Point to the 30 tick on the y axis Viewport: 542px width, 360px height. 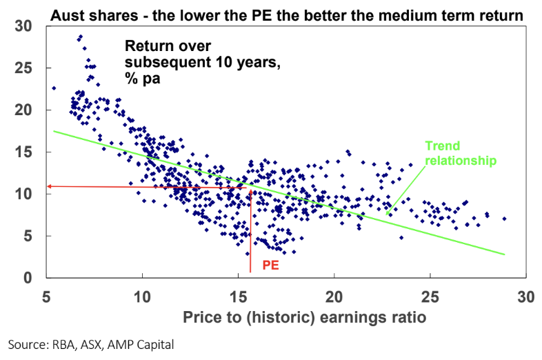(x=26, y=26)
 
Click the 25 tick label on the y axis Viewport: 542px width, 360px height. (x=26, y=68)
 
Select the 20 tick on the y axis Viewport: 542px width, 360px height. (x=26, y=110)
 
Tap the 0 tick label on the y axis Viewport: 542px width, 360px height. (x=29, y=278)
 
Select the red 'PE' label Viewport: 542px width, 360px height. (x=271, y=264)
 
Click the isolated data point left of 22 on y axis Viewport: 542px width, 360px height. (x=54, y=88)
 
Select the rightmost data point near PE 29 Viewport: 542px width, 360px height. (x=504, y=219)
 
